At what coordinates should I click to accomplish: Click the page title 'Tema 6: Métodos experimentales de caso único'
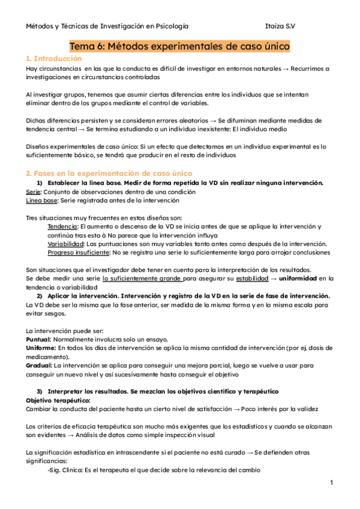180,46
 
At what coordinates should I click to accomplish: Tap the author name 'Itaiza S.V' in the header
284,26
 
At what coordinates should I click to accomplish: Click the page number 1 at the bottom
331,483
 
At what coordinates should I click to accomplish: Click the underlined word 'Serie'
34,191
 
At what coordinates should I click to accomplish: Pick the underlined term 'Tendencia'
62,226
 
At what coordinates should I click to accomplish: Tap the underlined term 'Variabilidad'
65,244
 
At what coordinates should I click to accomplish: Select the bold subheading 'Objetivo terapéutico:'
58,400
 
